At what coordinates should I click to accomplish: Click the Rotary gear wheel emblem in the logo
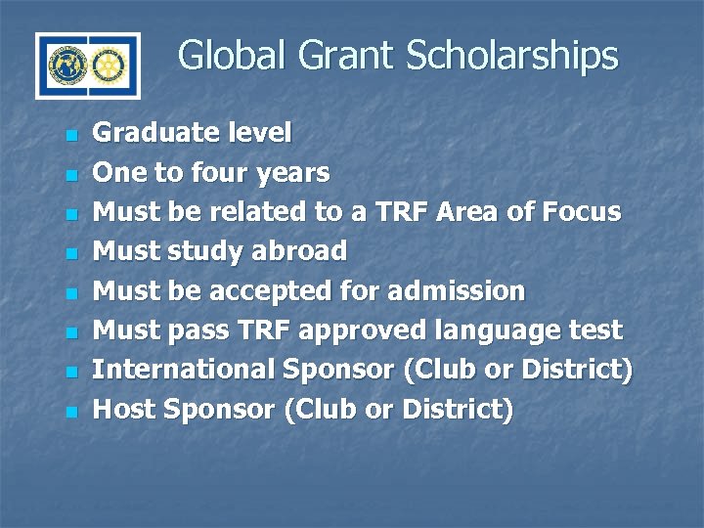[110, 66]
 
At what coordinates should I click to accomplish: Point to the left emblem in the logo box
[65, 66]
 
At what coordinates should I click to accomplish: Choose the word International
[183, 371]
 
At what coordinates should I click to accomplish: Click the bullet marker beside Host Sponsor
[69, 412]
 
